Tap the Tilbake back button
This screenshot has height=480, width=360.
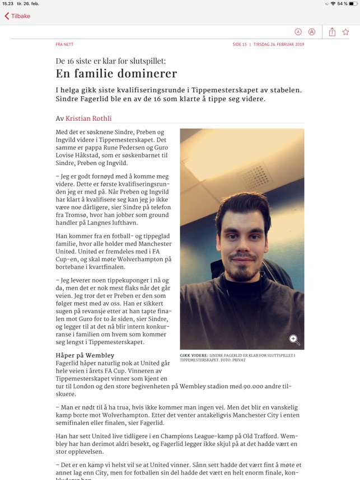tap(17, 16)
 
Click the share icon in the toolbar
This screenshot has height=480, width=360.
tap(332, 32)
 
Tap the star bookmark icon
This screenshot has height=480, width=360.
tap(346, 32)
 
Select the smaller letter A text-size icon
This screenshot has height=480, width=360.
tap(298, 32)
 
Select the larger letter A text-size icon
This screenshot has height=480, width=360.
tap(312, 32)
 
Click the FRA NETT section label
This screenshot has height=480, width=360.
tap(64, 45)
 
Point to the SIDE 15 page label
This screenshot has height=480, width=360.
tap(240, 45)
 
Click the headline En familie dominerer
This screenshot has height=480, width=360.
tap(116, 73)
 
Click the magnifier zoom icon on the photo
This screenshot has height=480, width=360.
tap(294, 339)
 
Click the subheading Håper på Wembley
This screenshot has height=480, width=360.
tap(85, 355)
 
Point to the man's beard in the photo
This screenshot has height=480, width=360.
tap(242, 272)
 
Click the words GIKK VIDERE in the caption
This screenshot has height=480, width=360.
tap(193, 355)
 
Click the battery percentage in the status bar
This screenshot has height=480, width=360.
tap(342, 3)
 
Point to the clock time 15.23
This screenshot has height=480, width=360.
tap(7, 3)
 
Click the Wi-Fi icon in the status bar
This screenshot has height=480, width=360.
tap(333, 3)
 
